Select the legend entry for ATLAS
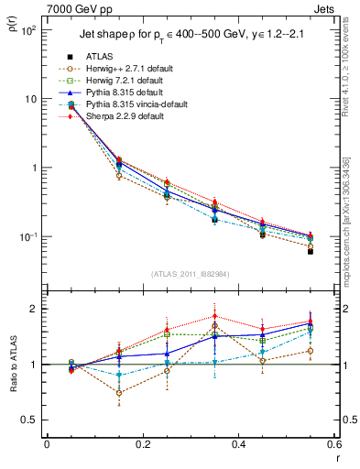(x=101, y=57)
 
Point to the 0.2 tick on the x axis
(x=142, y=445)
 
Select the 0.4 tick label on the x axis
(x=237, y=445)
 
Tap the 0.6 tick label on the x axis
(x=332, y=445)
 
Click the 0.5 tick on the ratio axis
(x=32, y=420)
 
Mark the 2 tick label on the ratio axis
(x=36, y=309)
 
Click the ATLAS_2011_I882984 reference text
(x=190, y=274)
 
